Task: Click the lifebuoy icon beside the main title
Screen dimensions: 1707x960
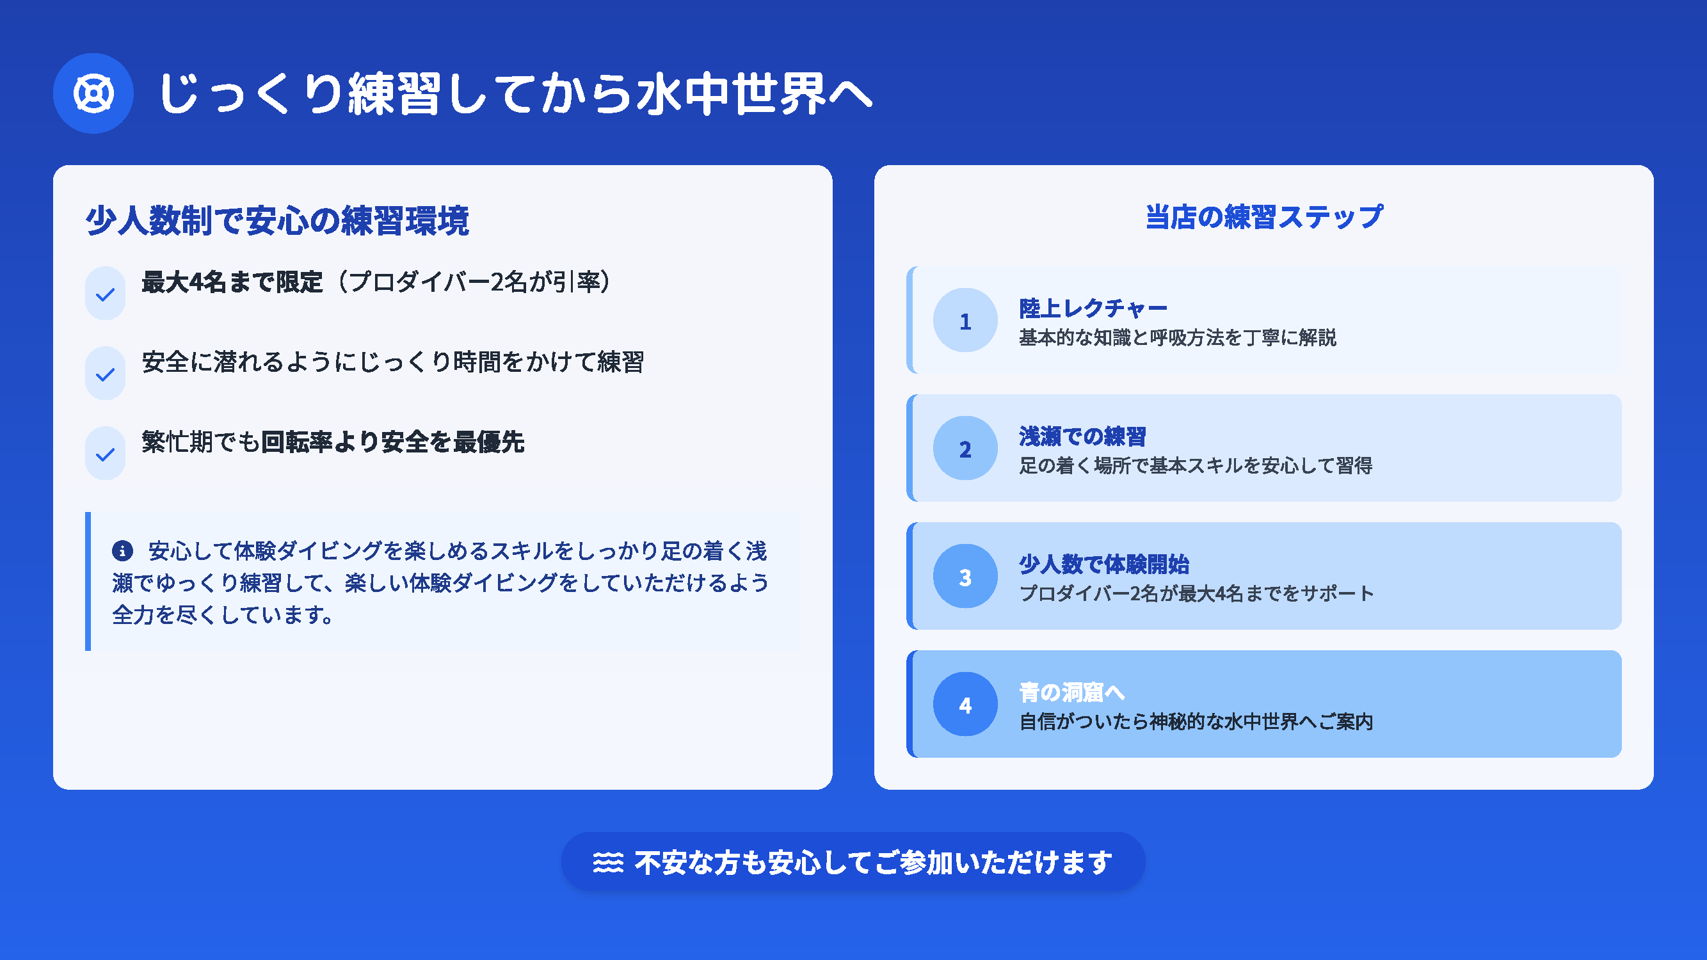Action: [93, 93]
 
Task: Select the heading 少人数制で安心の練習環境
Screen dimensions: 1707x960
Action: [278, 220]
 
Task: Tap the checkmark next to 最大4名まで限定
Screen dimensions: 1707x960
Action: [106, 294]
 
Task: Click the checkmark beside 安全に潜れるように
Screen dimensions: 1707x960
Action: [106, 374]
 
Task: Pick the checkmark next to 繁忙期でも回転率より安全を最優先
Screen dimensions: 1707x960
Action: [106, 454]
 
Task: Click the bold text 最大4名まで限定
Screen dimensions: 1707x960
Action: [232, 282]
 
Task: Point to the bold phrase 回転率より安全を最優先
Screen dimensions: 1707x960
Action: [393, 442]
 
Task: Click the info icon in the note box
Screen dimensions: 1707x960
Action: [123, 550]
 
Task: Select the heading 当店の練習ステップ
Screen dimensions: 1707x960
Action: [1263, 218]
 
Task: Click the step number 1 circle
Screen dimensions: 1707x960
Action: [965, 321]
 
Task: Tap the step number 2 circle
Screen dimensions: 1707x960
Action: [965, 449]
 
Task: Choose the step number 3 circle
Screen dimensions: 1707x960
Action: [965, 577]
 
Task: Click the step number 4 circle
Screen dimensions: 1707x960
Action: [965, 704]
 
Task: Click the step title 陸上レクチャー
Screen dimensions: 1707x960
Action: [1093, 308]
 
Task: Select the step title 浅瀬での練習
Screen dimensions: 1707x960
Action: [1083, 436]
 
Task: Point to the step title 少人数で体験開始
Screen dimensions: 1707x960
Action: [1104, 564]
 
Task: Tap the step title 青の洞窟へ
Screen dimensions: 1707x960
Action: [1072, 692]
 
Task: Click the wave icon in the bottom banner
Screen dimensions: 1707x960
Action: [607, 863]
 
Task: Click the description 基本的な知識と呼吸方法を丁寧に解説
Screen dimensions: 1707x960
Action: [1178, 337]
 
